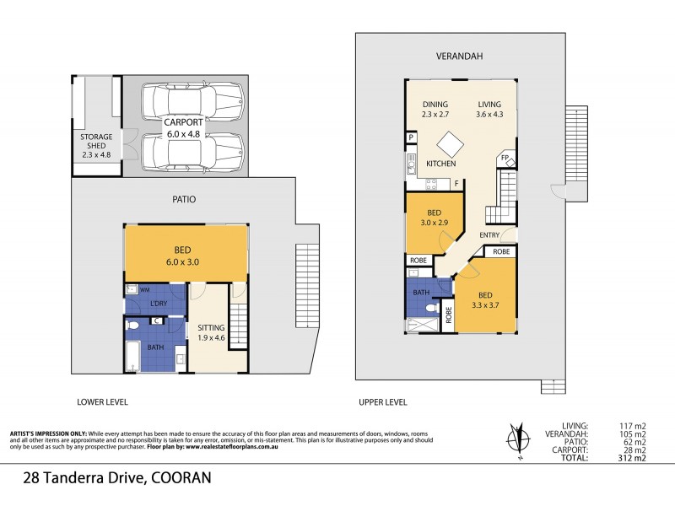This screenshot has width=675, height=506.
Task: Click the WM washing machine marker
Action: (144, 289)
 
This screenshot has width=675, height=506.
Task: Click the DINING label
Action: (435, 104)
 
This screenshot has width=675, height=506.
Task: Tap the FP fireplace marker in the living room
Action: (505, 158)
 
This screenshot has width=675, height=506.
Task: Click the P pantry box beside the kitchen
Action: (411, 137)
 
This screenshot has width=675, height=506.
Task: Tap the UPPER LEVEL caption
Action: (383, 402)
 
